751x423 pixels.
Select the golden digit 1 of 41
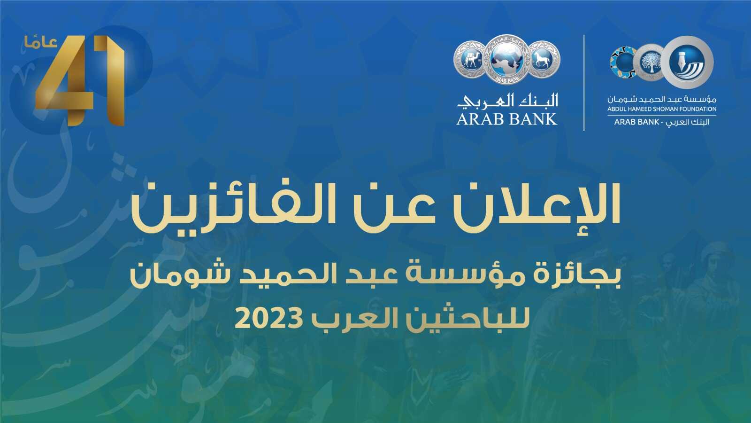coord(111,80)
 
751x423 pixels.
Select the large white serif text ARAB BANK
coord(506,119)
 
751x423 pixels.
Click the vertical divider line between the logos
coord(584,83)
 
